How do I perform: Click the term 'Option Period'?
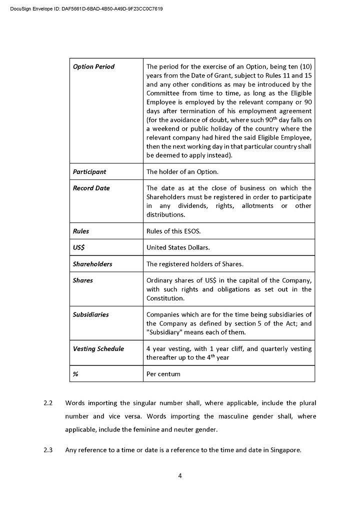[x=93, y=67]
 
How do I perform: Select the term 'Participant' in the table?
[x=89, y=172]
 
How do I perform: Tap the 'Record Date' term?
[x=91, y=188]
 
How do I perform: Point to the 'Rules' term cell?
[x=81, y=231]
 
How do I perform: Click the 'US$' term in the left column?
[x=78, y=247]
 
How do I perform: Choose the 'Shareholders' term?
[x=92, y=264]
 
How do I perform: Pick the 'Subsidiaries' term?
[x=90, y=315]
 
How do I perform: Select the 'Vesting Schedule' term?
[x=98, y=349]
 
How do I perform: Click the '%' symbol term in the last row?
[x=75, y=374]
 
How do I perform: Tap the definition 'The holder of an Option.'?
[x=182, y=172]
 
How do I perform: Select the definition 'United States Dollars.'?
[x=178, y=247]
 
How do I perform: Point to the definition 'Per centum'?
[x=163, y=374]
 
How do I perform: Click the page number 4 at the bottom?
[x=180, y=476]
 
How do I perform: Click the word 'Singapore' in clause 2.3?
[x=285, y=450]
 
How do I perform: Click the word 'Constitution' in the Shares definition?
[x=165, y=298]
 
